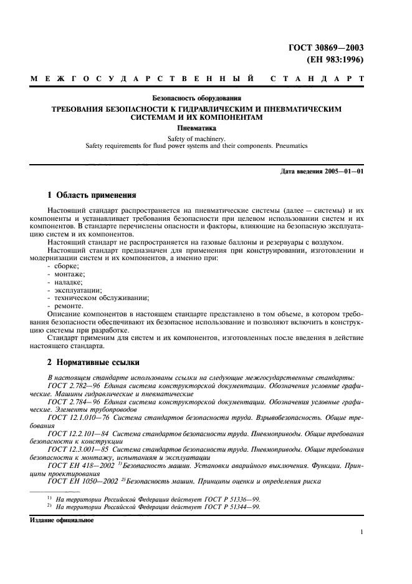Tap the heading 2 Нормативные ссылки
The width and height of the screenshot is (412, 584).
[x=93, y=362]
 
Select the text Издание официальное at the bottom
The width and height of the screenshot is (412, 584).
[x=62, y=520]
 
